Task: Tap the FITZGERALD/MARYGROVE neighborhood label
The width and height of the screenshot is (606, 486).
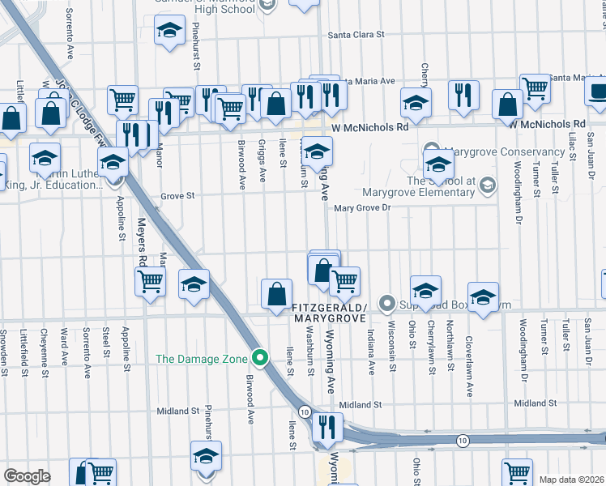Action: pyautogui.click(x=330, y=313)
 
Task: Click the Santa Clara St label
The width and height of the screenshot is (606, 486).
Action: pyautogui.click(x=355, y=35)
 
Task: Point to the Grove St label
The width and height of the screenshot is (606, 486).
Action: pyautogui.click(x=177, y=196)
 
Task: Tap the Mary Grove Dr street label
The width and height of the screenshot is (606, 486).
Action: pyautogui.click(x=363, y=208)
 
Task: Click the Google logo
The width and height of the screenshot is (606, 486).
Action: pyautogui.click(x=27, y=476)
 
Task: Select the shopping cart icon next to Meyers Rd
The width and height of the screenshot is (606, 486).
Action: pyautogui.click(x=150, y=281)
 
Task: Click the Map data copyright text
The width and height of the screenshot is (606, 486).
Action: pyautogui.click(x=571, y=480)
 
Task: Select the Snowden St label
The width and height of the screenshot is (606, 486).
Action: pyautogui.click(x=4, y=347)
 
